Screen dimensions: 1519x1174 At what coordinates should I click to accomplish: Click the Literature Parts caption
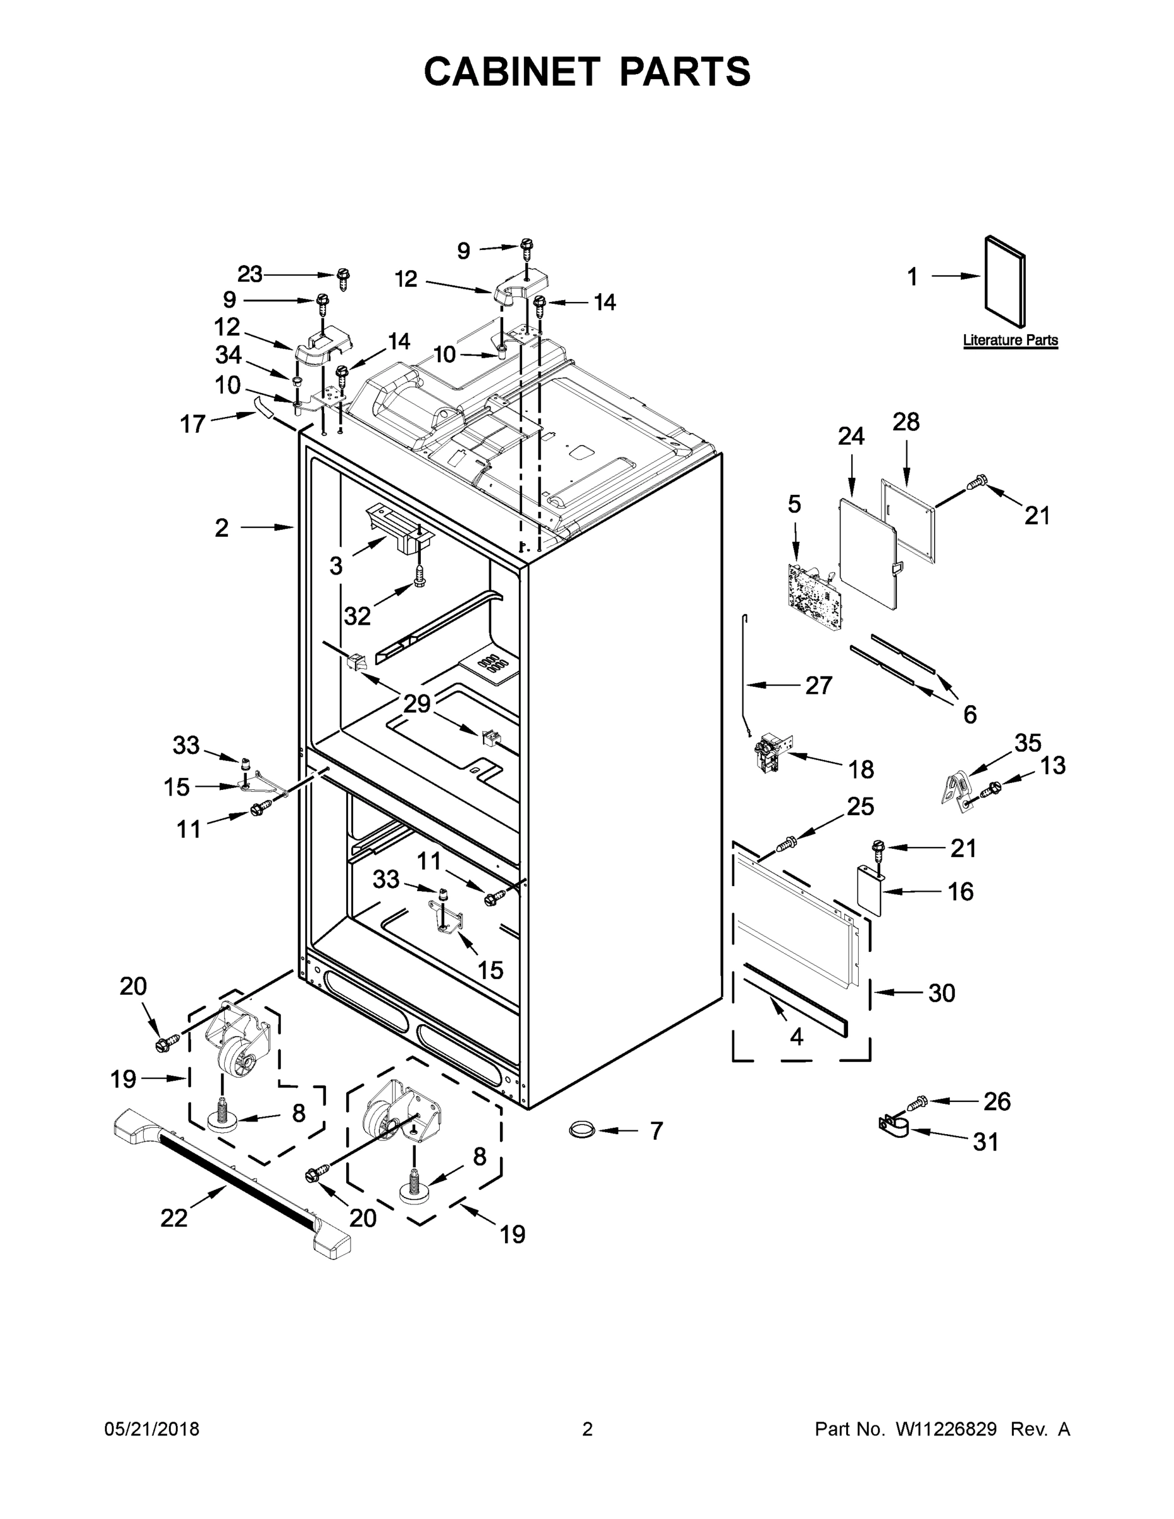pos(1010,340)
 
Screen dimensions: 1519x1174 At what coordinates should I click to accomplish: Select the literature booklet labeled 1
pos(1004,282)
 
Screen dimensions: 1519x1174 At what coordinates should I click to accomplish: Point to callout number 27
pos(818,686)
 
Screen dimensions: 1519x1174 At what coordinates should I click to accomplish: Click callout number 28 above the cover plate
pos(906,422)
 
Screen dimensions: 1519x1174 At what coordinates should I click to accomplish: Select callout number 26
pos(997,1101)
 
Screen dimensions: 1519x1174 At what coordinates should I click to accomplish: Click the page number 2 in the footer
pos(587,1429)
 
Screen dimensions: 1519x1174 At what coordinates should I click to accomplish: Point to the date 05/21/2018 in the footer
pos(152,1429)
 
